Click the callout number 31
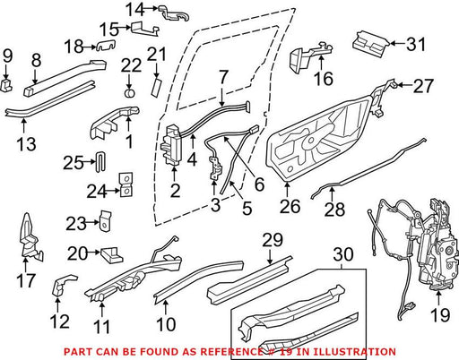(415, 44)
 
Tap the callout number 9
(8, 56)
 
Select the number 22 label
(131, 65)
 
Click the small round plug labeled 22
(129, 92)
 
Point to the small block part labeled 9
(6, 85)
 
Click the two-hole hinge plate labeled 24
(126, 184)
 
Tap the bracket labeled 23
(105, 220)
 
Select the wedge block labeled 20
(111, 254)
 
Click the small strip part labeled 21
(157, 87)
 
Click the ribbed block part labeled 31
(371, 44)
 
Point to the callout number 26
(290, 207)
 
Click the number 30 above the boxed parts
(343, 254)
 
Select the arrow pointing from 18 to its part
(89, 47)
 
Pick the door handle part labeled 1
(115, 123)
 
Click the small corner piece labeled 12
(64, 285)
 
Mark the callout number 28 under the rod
(334, 210)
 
